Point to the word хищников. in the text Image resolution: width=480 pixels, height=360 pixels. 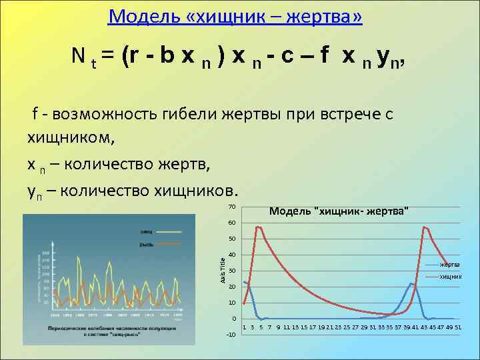(196, 190)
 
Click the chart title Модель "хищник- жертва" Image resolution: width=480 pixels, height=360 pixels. (339, 211)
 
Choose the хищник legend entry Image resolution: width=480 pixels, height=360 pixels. (449, 276)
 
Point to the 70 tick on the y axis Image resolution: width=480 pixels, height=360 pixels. (231, 205)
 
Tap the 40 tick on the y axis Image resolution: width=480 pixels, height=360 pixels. (231, 255)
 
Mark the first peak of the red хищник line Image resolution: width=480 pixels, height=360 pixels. (257, 227)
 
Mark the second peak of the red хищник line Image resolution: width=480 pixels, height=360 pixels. (424, 227)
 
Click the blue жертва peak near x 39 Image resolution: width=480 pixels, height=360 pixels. (412, 283)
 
